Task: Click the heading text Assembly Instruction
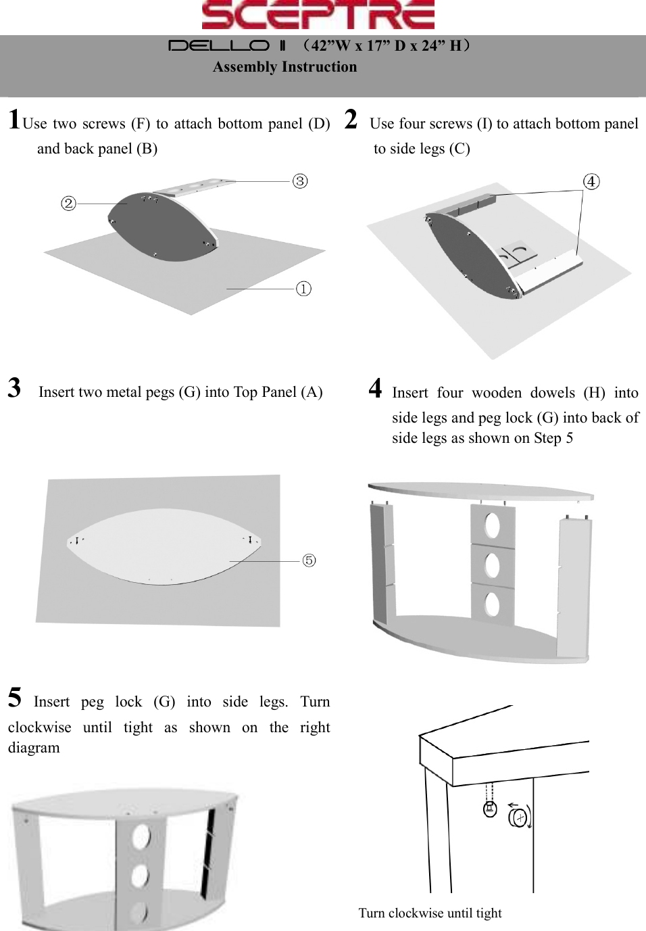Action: click(x=284, y=67)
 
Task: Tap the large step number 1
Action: click(x=14, y=120)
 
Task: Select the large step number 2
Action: click(x=351, y=120)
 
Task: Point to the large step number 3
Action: click(x=14, y=389)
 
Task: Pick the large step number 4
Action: click(x=376, y=389)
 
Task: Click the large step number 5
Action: click(x=14, y=697)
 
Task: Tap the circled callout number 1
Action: click(x=305, y=289)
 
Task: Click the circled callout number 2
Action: click(x=68, y=203)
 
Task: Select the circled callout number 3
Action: click(x=300, y=181)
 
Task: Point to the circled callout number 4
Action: click(x=591, y=181)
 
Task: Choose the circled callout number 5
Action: click(x=308, y=560)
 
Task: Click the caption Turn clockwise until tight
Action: click(x=430, y=913)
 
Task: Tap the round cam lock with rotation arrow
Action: click(x=519, y=817)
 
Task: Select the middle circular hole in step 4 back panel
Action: click(x=493, y=565)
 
